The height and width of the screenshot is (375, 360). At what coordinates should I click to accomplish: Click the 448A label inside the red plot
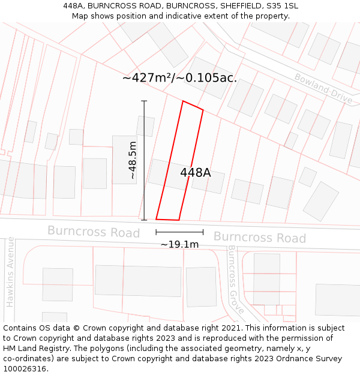pyautogui.click(x=196, y=173)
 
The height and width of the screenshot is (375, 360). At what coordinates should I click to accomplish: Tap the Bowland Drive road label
pyautogui.click(x=323, y=88)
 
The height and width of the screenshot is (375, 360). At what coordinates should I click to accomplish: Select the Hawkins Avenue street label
pyautogui.click(x=10, y=272)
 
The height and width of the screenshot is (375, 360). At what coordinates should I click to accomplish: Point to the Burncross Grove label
pyautogui.click(x=235, y=280)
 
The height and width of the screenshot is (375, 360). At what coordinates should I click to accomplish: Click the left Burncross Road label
pyautogui.click(x=93, y=232)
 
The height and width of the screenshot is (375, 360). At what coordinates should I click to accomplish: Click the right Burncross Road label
pyautogui.click(x=259, y=238)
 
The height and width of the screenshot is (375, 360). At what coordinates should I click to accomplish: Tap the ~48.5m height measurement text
pyautogui.click(x=133, y=160)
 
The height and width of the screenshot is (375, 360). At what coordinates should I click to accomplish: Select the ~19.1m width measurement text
pyautogui.click(x=179, y=244)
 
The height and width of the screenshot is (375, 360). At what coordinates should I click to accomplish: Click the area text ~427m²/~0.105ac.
pyautogui.click(x=179, y=78)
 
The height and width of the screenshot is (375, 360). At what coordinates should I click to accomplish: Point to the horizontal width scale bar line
pyautogui.click(x=179, y=232)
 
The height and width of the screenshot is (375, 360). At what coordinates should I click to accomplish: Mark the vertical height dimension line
pyautogui.click(x=144, y=160)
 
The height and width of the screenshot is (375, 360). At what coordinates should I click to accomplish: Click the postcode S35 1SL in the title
pyautogui.click(x=283, y=6)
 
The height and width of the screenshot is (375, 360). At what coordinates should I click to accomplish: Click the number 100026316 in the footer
pyautogui.click(x=23, y=369)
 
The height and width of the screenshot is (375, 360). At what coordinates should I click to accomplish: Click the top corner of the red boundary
pyautogui.click(x=183, y=101)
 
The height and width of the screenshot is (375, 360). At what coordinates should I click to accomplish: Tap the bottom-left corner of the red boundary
pyautogui.click(x=156, y=219)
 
